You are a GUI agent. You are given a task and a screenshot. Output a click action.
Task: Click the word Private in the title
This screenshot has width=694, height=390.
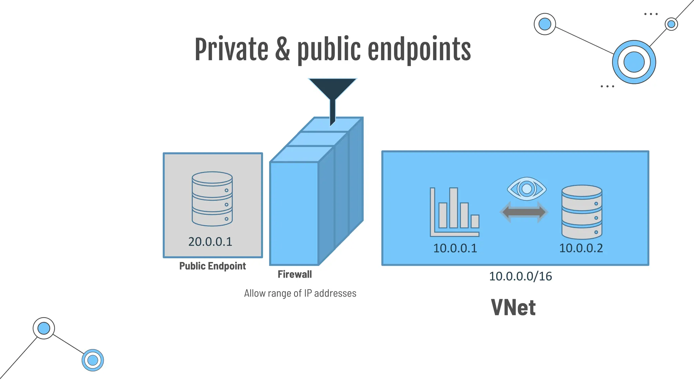[x=231, y=50]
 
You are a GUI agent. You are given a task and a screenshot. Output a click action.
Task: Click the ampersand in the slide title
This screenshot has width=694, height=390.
[x=282, y=50]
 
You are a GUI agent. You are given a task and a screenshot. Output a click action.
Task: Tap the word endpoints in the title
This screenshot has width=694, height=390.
[x=419, y=50]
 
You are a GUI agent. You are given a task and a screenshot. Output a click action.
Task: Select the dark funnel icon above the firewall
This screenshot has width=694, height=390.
[x=332, y=91]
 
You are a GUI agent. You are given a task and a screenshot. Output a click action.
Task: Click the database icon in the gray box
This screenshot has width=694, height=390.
[x=212, y=199]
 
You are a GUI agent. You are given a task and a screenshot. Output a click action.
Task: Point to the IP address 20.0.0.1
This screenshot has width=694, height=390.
[x=210, y=242]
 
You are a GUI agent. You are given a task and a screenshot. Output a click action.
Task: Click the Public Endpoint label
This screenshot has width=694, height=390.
[x=212, y=266]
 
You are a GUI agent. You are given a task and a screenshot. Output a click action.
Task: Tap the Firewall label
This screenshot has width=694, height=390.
[x=294, y=274]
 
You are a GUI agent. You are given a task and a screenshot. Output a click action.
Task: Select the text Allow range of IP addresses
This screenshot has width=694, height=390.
[x=300, y=293]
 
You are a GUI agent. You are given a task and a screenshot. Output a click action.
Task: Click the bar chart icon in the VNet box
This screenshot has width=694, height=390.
[x=454, y=212]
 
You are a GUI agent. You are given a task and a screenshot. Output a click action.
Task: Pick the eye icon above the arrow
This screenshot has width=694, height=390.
[x=527, y=189]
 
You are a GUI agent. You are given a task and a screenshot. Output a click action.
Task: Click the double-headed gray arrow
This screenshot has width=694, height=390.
[x=524, y=212]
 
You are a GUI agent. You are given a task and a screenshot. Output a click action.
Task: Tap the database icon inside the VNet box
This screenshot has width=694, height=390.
[x=582, y=212]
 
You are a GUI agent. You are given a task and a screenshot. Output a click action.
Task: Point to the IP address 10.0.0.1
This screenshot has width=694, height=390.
[x=455, y=248]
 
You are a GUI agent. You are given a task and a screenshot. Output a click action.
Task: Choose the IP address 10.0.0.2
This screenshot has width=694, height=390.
[x=581, y=248]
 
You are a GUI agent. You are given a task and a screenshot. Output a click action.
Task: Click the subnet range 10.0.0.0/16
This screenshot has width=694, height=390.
[x=520, y=276]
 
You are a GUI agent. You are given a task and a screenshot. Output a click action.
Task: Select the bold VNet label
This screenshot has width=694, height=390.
[x=513, y=307]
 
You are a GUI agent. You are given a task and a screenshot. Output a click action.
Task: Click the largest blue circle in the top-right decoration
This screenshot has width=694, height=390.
[x=634, y=62]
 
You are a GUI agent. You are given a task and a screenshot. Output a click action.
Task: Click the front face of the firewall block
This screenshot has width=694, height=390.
[x=294, y=213]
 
